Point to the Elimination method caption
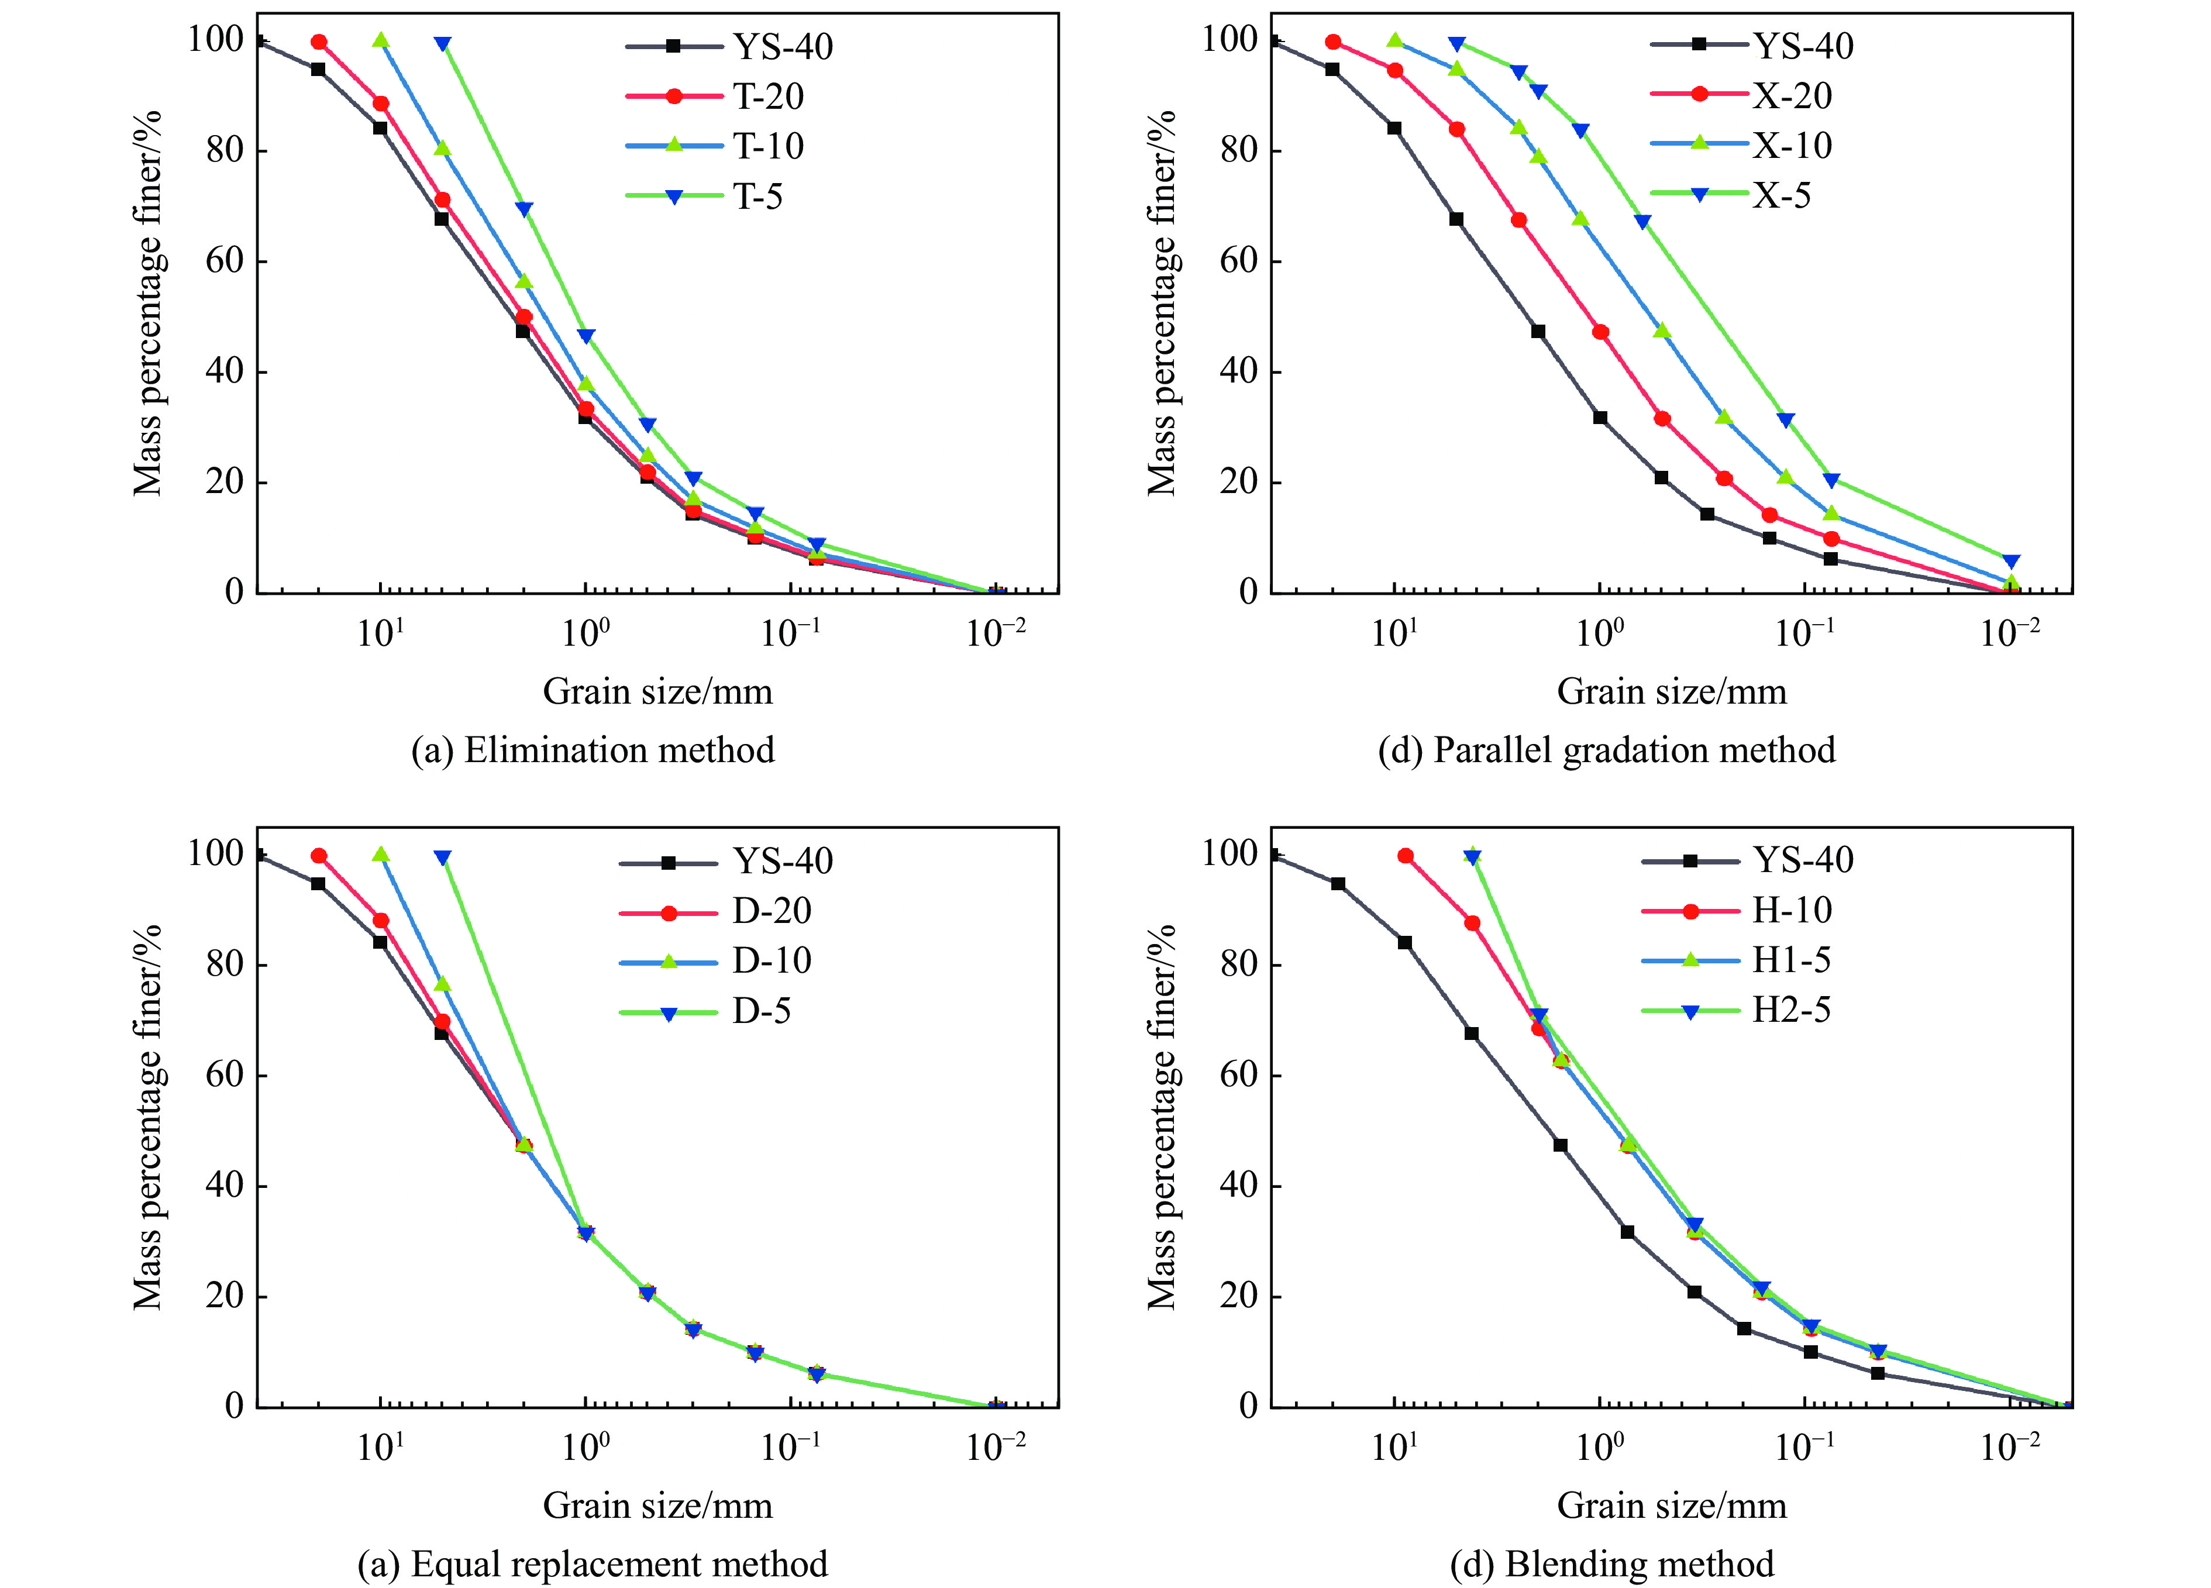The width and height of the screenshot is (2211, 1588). (593, 750)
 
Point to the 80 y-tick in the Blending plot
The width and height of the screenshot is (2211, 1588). (1238, 964)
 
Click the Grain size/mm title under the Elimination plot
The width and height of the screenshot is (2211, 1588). (657, 692)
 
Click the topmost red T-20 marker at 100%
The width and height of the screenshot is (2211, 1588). (319, 42)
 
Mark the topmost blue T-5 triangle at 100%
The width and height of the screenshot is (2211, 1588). (443, 44)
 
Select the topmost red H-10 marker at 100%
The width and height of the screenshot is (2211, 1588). (1406, 856)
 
